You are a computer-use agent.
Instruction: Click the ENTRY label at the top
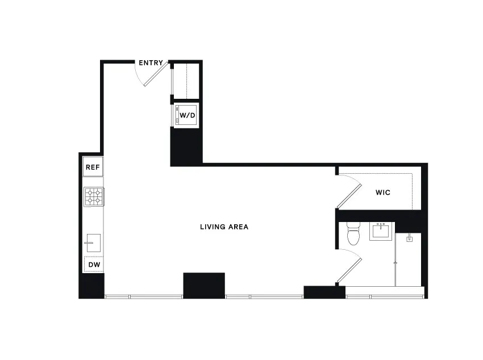click(151, 63)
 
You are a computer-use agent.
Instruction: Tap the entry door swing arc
click(149, 77)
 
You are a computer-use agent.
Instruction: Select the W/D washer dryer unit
click(187, 115)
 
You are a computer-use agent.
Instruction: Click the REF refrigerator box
click(93, 167)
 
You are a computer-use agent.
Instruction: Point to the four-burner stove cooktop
click(93, 196)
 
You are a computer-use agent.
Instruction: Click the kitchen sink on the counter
click(93, 242)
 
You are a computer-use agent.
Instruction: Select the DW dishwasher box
click(93, 265)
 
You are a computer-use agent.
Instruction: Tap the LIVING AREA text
click(224, 227)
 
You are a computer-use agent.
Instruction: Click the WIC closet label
click(382, 192)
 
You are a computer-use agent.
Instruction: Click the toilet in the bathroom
click(353, 235)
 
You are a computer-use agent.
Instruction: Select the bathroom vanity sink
click(380, 231)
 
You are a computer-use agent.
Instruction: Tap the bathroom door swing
click(349, 267)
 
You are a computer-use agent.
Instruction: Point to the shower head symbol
click(409, 240)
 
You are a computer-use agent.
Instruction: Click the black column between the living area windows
click(203, 285)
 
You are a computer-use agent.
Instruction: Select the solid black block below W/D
click(186, 146)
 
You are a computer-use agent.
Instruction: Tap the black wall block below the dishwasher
click(91, 286)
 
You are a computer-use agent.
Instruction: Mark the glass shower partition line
click(395, 261)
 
